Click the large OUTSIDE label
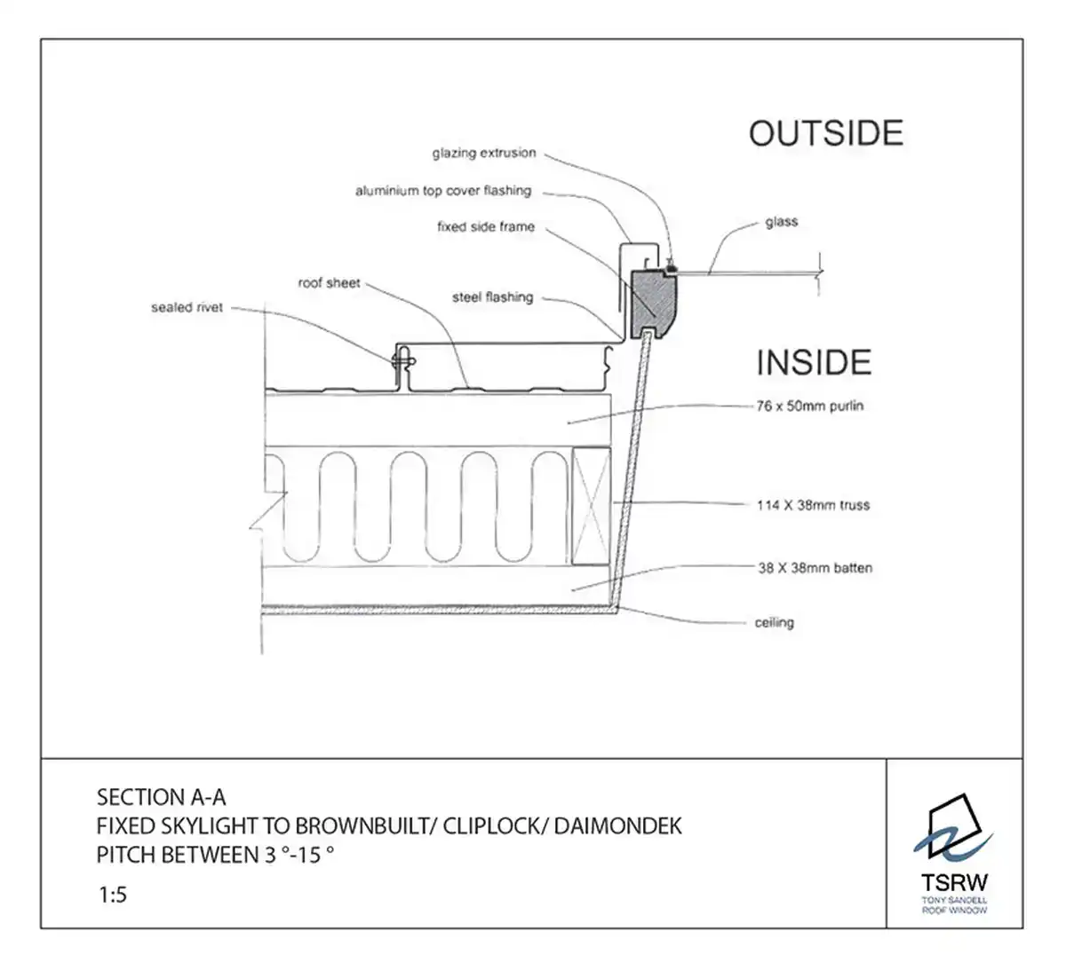pyautogui.click(x=825, y=133)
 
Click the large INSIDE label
pyautogui.click(x=814, y=363)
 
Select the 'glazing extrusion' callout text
pyautogui.click(x=484, y=154)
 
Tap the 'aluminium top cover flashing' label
pyautogui.click(x=443, y=191)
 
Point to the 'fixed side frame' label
pyautogui.click(x=486, y=227)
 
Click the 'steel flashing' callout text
pyautogui.click(x=493, y=297)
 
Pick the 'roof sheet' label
pyautogui.click(x=329, y=283)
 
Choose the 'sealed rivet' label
pyautogui.click(x=187, y=308)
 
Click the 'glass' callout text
pyautogui.click(x=782, y=222)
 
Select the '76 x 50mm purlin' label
pyautogui.click(x=810, y=407)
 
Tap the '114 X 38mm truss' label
pyautogui.click(x=813, y=506)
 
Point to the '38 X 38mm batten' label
pyautogui.click(x=815, y=568)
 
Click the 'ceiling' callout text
pyautogui.click(x=774, y=623)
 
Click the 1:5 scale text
pyautogui.click(x=113, y=895)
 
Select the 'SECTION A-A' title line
pyautogui.click(x=161, y=796)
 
